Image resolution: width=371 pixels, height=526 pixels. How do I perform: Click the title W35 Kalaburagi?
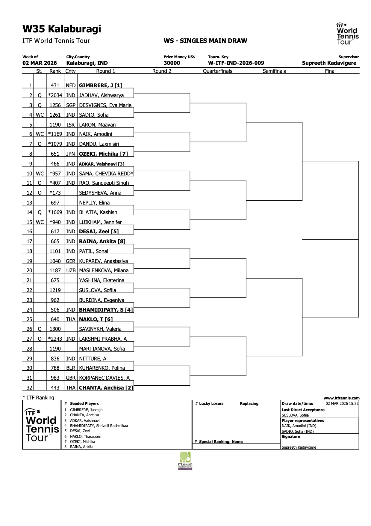click(62, 29)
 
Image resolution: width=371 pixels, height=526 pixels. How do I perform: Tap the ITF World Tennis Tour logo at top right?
click(347, 34)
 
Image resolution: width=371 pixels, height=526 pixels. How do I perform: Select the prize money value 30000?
click(172, 63)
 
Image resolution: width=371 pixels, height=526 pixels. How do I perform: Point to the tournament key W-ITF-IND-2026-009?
click(236, 63)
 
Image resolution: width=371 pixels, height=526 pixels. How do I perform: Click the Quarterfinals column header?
click(217, 71)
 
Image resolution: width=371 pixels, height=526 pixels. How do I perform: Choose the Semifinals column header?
click(274, 71)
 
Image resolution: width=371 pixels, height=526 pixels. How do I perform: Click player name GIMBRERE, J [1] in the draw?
click(101, 85)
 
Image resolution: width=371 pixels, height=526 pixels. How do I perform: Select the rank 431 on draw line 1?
click(55, 85)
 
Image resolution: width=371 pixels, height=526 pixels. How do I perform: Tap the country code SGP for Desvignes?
click(71, 105)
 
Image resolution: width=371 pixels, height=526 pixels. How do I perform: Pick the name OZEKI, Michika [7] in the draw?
click(103, 154)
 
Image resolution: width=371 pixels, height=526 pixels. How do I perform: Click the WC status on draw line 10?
click(40, 174)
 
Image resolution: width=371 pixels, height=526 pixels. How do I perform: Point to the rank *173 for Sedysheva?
click(55, 193)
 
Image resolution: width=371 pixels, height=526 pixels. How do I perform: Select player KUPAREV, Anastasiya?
click(103, 261)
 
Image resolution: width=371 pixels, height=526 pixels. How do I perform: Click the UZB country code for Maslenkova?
click(71, 270)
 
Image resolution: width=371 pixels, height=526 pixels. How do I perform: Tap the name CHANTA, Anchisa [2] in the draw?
click(106, 388)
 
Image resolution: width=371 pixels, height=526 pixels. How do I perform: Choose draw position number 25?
click(29, 319)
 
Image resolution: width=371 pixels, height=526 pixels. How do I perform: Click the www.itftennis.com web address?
click(341, 398)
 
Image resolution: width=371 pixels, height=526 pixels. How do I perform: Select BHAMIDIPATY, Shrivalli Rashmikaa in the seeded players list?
click(99, 426)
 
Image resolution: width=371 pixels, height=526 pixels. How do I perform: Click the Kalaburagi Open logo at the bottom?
click(185, 461)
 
